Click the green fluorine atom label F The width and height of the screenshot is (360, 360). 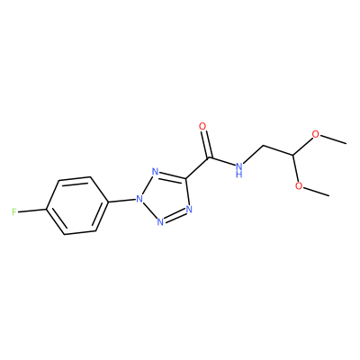point(14,212)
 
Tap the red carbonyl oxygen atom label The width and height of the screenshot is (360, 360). point(202,127)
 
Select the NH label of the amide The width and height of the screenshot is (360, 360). point(239,169)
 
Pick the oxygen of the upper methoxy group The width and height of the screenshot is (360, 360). point(315,134)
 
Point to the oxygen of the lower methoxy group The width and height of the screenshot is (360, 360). point(299,186)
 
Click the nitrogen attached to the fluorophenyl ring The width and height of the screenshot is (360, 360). point(139,199)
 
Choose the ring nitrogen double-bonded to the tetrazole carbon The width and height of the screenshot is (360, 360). point(155,172)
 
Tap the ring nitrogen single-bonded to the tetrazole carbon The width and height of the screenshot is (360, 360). point(189,209)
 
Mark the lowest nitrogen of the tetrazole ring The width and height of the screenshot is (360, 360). point(160,222)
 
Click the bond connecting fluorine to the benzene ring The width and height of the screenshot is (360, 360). point(32,211)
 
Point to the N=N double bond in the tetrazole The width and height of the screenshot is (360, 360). point(175,216)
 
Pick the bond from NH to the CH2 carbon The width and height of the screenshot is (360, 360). point(254,155)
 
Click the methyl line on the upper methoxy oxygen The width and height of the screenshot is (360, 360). point(333,139)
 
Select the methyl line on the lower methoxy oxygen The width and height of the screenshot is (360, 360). point(316,191)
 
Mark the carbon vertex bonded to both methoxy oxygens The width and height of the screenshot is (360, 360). point(293,155)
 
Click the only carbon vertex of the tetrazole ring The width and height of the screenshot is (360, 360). point(186,179)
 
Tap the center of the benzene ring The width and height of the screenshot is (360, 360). point(77,205)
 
